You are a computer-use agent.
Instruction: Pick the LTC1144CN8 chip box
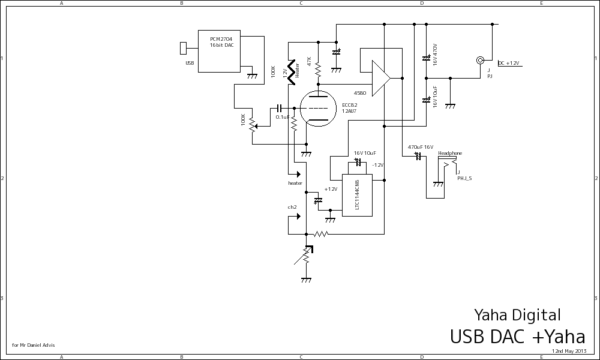click(x=356, y=195)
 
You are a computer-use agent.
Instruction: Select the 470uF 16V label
click(x=421, y=147)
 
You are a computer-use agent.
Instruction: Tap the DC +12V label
click(x=509, y=63)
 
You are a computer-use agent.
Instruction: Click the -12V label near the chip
click(x=377, y=165)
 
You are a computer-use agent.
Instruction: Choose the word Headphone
click(x=450, y=154)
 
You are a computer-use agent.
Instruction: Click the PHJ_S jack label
click(x=464, y=178)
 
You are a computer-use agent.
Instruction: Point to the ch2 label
click(x=292, y=207)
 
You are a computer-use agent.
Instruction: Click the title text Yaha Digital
click(x=517, y=315)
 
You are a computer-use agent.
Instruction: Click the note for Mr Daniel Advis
click(x=34, y=345)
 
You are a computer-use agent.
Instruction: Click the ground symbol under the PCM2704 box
click(x=253, y=75)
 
